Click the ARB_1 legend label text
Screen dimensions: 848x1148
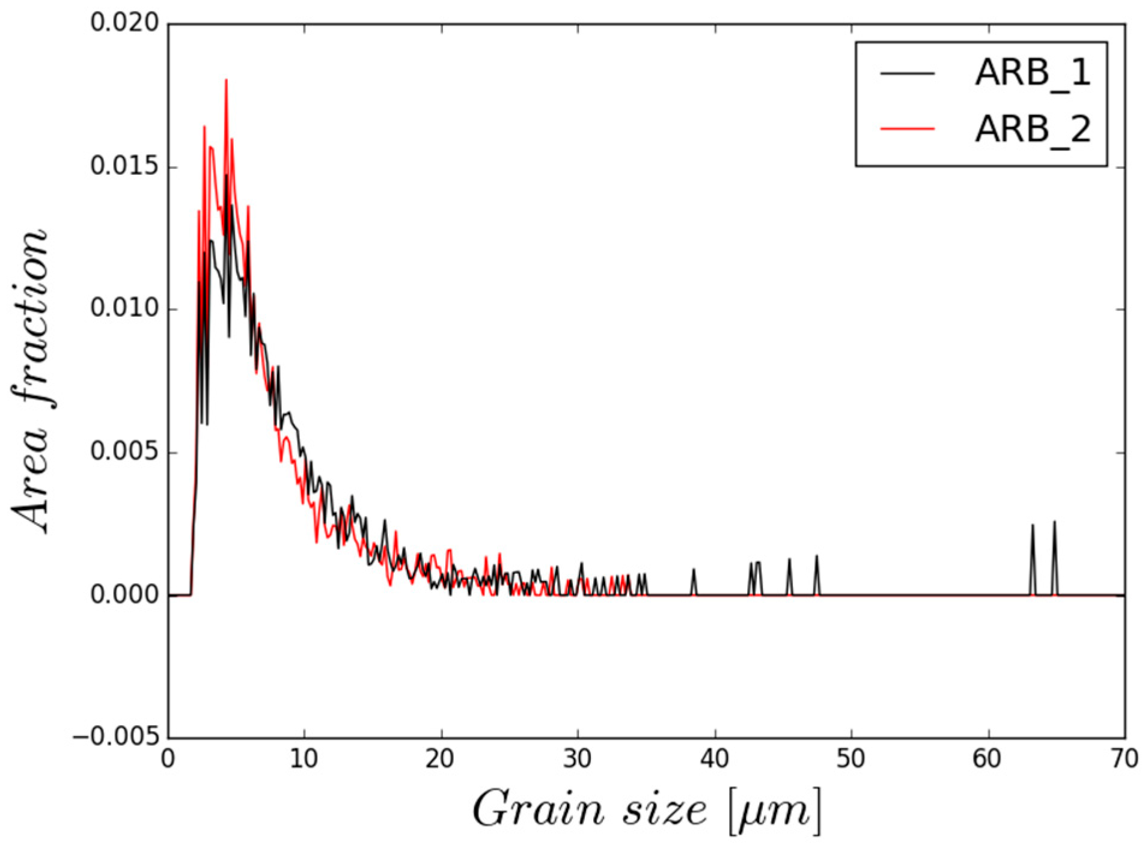tap(1031, 75)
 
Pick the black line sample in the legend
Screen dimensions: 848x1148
tap(907, 73)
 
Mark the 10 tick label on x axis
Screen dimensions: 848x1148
tap(304, 760)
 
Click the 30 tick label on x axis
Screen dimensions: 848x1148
tap(578, 760)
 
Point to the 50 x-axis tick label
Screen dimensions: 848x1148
tap(851, 760)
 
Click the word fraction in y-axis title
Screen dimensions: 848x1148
tap(30, 319)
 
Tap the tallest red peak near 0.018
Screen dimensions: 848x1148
tap(226, 81)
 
